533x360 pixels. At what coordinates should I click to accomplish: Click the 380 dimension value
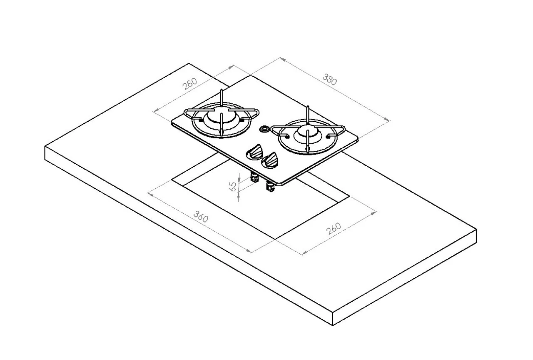329,79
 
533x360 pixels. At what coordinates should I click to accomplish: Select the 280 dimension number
189,84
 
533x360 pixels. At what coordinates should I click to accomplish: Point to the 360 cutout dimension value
201,217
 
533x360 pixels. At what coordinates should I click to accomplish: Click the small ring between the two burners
264,129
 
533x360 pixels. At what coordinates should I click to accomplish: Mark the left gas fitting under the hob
254,178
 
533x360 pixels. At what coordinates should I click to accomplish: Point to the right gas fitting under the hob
270,188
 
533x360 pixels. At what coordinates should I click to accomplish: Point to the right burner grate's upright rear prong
307,113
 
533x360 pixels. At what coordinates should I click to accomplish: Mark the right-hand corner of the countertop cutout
349,198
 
